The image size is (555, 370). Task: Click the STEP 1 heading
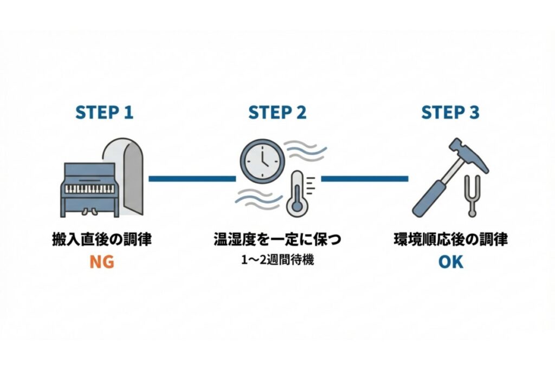click(x=104, y=113)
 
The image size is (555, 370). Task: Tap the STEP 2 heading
click(x=277, y=113)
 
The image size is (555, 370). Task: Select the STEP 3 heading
click(x=450, y=113)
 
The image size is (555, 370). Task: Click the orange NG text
click(x=103, y=262)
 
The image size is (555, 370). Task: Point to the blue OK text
click(x=450, y=262)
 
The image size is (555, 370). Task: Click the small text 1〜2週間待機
click(x=277, y=259)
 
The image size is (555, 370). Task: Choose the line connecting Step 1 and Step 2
click(x=192, y=178)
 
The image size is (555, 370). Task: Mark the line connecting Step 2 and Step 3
click(x=364, y=178)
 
